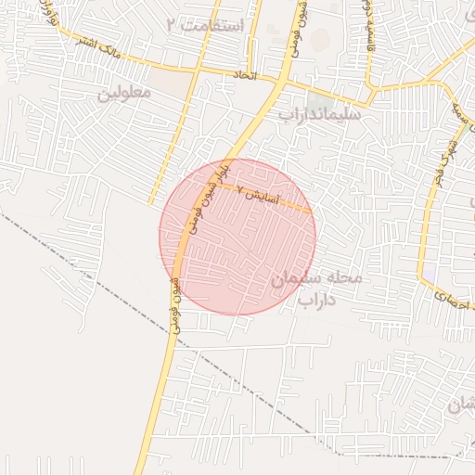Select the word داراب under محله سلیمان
coord(316,300)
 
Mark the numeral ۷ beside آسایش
coord(242,190)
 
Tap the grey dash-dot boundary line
coord(93,269)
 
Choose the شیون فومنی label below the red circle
coord(174,306)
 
